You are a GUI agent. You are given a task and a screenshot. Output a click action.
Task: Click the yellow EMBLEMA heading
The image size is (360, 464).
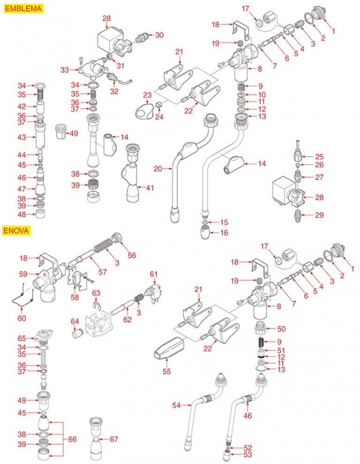23,8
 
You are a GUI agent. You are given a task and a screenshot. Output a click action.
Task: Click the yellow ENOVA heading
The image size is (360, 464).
16,230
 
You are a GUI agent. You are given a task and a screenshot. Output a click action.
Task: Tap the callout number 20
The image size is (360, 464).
158,169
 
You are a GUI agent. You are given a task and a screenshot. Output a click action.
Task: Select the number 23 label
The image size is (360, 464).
147,96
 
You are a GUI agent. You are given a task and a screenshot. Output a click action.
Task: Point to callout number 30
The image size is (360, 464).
160,35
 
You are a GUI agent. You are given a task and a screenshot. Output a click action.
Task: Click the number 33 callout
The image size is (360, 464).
65,70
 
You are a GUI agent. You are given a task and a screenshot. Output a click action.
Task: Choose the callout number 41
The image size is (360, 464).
150,188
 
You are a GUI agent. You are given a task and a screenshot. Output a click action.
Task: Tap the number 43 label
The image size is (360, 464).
22,137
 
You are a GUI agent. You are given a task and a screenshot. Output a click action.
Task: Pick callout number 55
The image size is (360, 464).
166,371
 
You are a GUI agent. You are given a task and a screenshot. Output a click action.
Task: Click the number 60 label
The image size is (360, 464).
22,319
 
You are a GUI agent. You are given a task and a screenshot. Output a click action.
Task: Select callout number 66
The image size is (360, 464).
72,439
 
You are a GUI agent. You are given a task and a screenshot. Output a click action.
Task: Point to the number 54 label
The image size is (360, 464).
177,405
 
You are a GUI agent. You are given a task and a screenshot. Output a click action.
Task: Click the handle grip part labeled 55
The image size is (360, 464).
169,347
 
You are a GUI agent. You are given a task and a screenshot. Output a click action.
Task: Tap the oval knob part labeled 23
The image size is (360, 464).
144,111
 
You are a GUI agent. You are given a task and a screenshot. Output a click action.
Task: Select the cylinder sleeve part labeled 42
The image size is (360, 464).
40,107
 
